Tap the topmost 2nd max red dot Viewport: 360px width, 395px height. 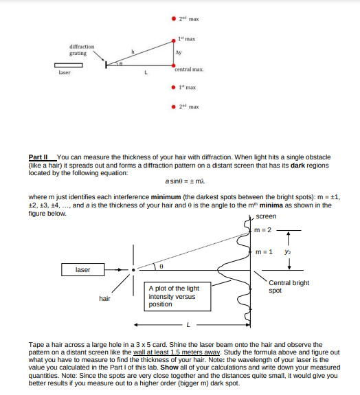pyautogui.click(x=173, y=17)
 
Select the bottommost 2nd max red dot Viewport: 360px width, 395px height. pyautogui.click(x=173, y=106)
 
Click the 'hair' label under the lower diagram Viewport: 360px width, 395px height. pyautogui.click(x=104, y=297)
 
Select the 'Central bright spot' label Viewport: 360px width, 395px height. pyautogui.click(x=289, y=286)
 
